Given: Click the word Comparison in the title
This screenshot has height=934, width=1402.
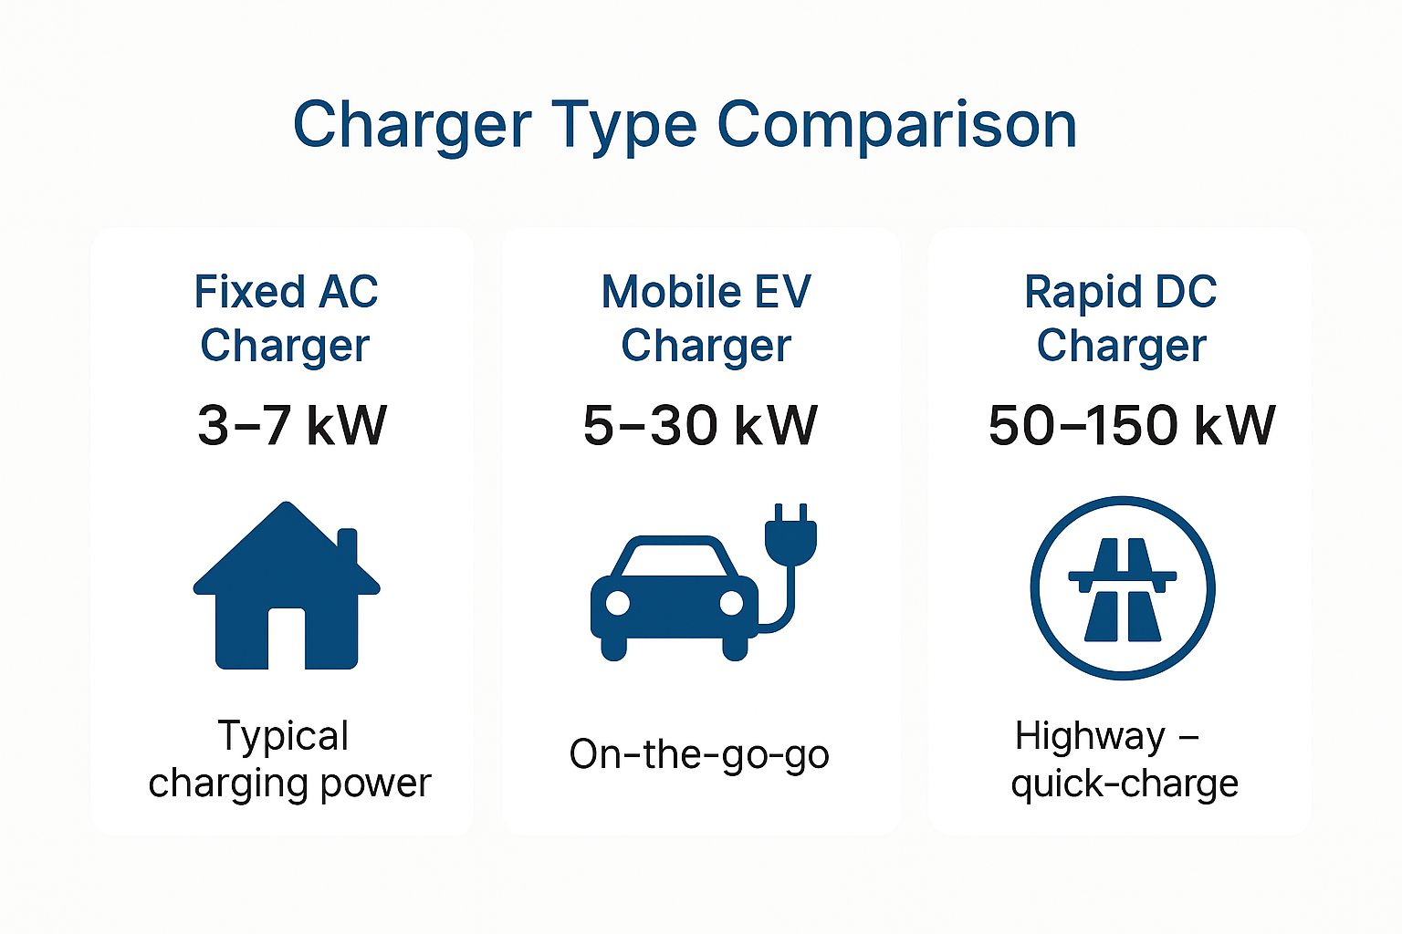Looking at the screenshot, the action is [x=896, y=125].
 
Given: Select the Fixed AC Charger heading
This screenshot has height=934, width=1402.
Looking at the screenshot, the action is [x=286, y=318].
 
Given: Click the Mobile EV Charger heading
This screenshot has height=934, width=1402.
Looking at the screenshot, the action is [x=706, y=318].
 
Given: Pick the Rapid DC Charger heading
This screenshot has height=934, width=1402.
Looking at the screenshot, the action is [x=1121, y=318].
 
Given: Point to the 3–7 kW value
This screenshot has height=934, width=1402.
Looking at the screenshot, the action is [x=292, y=425].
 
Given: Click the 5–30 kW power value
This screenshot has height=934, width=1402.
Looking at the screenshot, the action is [x=700, y=425].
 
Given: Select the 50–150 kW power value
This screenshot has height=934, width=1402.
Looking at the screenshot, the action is [x=1132, y=425].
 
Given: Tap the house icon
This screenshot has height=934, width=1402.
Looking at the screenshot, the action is [x=287, y=586].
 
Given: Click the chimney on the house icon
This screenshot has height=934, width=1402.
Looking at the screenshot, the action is [x=348, y=545].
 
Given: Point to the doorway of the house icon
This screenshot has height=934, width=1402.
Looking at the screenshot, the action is [x=287, y=638].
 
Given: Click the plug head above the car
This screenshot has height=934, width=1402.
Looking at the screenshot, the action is [x=791, y=534].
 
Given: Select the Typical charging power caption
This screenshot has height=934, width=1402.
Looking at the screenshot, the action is [x=289, y=760].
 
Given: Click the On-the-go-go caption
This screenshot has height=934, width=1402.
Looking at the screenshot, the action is [x=699, y=755].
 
